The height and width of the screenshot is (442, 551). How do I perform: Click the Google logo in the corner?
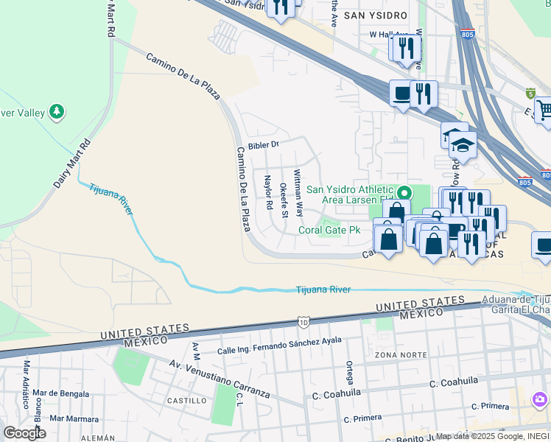click(24, 432)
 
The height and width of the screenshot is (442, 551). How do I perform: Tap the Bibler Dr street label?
click(264, 145)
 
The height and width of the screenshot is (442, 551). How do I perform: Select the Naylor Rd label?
click(269, 195)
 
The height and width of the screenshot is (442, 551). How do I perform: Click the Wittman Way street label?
click(298, 193)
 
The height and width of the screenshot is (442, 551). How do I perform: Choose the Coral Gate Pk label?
click(329, 230)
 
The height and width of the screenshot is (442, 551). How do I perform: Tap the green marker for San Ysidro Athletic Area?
click(403, 193)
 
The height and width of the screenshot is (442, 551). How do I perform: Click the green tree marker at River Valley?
click(57, 112)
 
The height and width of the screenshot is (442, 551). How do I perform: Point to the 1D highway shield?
click(303, 321)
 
